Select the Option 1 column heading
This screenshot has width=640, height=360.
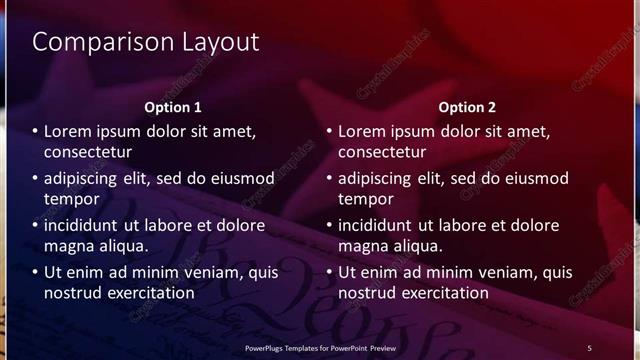173,107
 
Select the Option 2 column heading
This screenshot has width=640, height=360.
467,107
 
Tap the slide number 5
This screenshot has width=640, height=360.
589,347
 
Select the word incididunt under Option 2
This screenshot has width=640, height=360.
383,225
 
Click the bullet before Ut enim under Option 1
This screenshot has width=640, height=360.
36,272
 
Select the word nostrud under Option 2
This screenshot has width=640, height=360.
368,294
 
